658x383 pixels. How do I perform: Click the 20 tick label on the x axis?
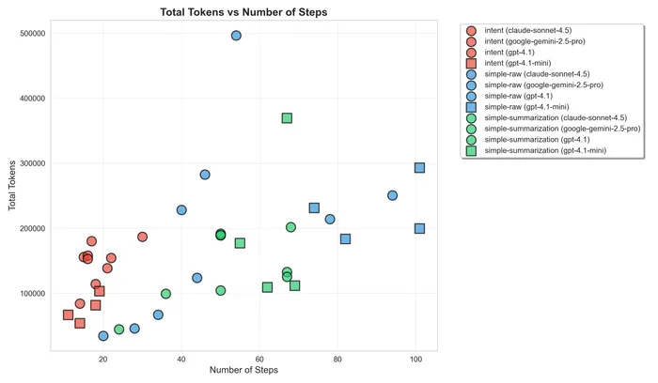pyautogui.click(x=103, y=358)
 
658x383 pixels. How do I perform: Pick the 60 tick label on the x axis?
pyautogui.click(x=259, y=358)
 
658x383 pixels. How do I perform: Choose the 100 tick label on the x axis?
pyautogui.click(x=416, y=358)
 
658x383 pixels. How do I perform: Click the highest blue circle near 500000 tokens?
pyautogui.click(x=236, y=36)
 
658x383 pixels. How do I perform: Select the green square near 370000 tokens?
pyautogui.click(x=287, y=118)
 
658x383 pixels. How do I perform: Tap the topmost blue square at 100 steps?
pyautogui.click(x=419, y=168)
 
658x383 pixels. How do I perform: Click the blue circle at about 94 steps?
pyautogui.click(x=392, y=195)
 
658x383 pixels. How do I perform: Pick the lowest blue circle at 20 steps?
pyautogui.click(x=103, y=335)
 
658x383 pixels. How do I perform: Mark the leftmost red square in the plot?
pyautogui.click(x=68, y=314)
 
